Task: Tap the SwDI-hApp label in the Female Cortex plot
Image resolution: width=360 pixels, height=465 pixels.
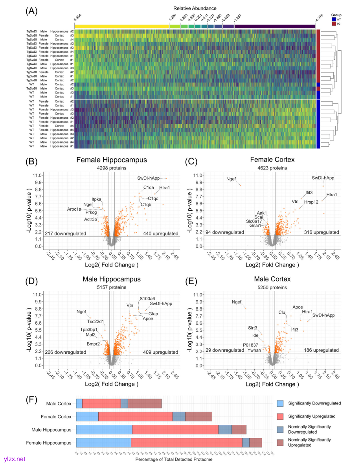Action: (323, 178)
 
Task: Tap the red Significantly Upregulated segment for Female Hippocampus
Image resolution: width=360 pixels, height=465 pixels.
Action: (186, 443)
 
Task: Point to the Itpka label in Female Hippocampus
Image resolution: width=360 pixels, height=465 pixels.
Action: (97, 199)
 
